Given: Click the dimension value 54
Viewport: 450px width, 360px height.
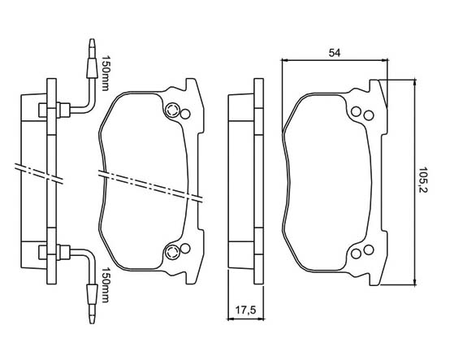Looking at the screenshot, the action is point(335,53).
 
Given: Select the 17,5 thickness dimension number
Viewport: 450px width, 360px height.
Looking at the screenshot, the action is point(245,310).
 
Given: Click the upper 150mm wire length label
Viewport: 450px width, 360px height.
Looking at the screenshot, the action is point(105,73).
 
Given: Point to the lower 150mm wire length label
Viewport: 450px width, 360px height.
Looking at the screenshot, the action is point(105,285).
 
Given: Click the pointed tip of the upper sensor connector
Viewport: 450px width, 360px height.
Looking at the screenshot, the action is point(92,40).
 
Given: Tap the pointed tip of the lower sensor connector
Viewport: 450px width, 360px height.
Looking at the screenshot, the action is point(92,322).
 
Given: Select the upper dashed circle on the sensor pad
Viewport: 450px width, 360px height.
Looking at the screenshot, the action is point(173,110).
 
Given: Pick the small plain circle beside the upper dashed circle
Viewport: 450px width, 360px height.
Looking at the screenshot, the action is point(185,115).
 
